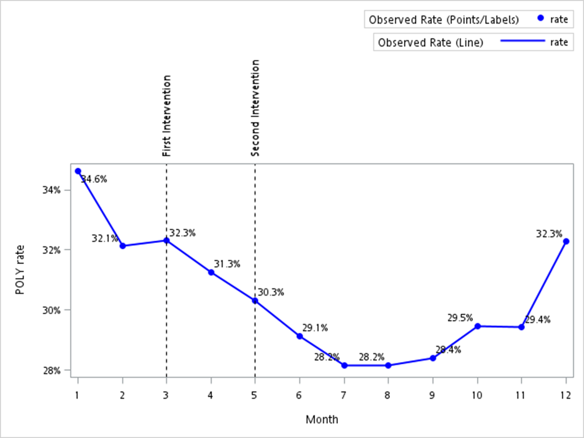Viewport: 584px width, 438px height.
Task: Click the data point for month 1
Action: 78,171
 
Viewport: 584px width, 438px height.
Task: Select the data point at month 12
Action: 566,241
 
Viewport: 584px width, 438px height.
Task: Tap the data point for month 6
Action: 300,336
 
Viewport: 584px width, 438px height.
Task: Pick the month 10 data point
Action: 478,326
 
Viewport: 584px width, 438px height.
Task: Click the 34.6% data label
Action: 94,179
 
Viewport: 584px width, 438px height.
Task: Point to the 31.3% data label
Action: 227,264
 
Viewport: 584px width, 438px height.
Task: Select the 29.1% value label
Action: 315,328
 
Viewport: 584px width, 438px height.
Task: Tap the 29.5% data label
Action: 460,318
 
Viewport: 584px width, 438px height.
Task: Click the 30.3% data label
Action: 271,292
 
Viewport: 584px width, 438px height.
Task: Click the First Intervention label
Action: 167,116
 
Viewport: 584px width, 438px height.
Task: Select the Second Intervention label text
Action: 255,108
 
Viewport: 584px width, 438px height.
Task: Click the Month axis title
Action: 322,419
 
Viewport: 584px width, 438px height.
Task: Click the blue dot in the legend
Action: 541,19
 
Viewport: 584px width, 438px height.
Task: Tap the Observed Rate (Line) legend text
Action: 431,43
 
